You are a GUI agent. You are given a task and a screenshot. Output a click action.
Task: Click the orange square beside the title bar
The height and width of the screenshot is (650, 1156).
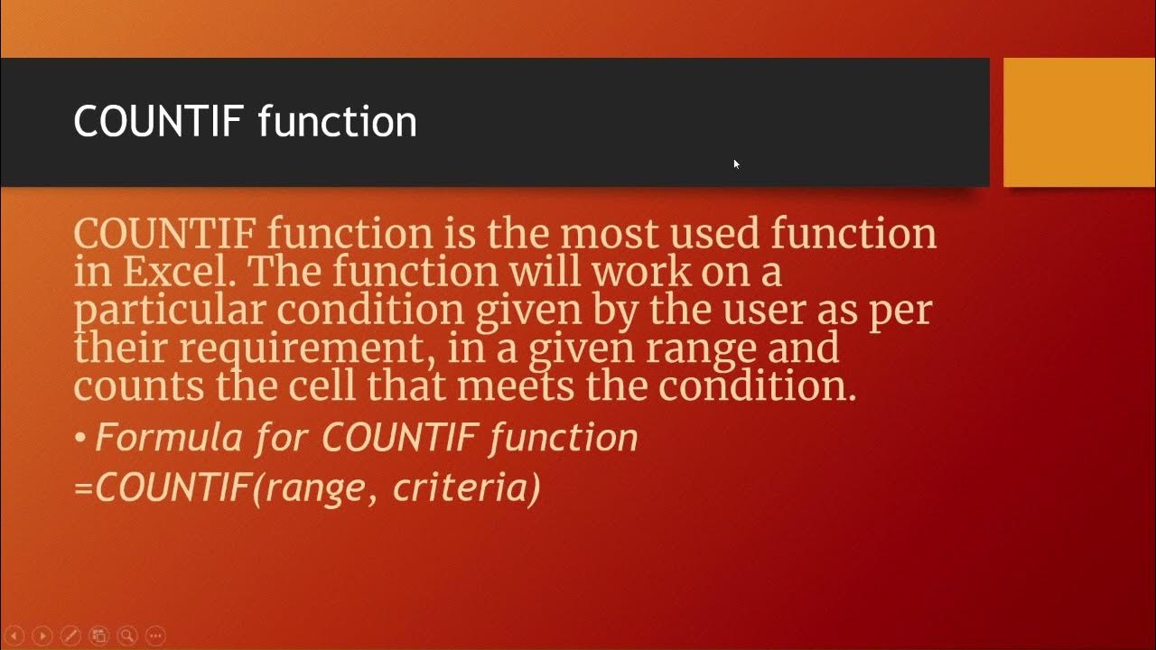[1079, 122]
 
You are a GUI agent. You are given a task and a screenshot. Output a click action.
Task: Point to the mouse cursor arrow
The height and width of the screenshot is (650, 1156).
[736, 163]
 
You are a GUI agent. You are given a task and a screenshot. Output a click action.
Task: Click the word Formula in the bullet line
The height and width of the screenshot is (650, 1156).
[169, 438]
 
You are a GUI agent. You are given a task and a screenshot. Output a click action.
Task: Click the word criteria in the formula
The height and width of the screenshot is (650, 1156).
[466, 487]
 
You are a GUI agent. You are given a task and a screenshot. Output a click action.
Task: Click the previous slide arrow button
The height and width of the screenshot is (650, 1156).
[14, 636]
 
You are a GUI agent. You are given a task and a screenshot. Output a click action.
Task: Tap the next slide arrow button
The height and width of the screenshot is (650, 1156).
[42, 636]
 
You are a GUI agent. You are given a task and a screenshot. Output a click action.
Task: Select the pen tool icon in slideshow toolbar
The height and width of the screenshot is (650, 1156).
[70, 636]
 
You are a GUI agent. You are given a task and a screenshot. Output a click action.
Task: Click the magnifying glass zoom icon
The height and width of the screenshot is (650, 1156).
[127, 636]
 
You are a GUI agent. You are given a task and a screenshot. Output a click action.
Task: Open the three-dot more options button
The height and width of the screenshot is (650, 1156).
[155, 636]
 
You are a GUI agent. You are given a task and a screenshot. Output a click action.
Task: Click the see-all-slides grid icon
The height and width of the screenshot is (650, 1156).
[99, 636]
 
